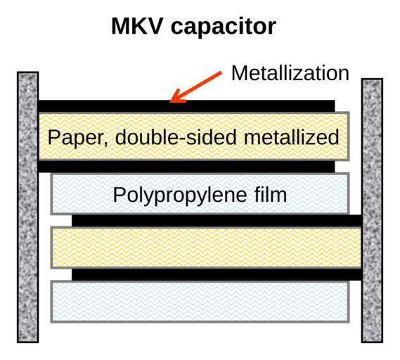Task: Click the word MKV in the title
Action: click(x=137, y=26)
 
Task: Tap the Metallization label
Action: click(x=290, y=73)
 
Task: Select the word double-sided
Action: click(x=176, y=137)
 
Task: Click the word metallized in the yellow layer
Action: click(x=291, y=137)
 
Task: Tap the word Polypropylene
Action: click(x=179, y=196)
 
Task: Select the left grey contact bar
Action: click(x=28, y=207)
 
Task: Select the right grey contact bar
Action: click(x=372, y=210)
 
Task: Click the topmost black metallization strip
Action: click(x=186, y=106)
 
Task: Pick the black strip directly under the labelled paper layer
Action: click(x=186, y=167)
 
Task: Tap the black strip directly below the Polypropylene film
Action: click(x=217, y=221)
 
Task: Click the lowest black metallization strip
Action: click(x=217, y=274)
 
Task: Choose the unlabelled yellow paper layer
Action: click(x=206, y=247)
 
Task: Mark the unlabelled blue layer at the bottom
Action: click(x=200, y=302)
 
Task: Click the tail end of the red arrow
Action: click(x=221, y=72)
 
